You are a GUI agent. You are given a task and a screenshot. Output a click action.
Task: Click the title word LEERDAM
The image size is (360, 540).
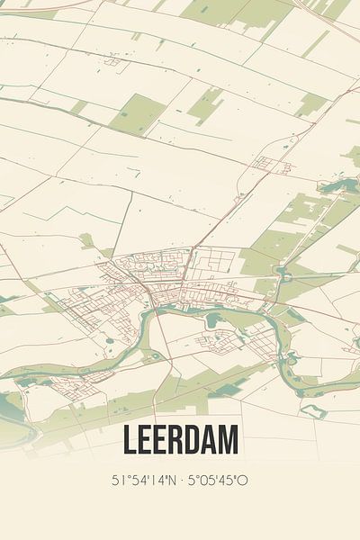pyautogui.click(x=180, y=441)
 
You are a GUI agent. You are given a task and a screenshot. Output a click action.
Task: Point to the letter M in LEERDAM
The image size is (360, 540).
pyautogui.click(x=229, y=441)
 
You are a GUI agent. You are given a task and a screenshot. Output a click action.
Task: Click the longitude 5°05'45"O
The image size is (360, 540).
pyautogui.click(x=217, y=481)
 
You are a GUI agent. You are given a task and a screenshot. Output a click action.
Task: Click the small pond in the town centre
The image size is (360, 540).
pyautogui.click(x=212, y=319)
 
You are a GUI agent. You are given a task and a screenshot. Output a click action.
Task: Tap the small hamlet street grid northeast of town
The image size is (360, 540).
pyautogui.click(x=267, y=164)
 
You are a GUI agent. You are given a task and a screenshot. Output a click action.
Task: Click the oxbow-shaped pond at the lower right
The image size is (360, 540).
pyautogui.click(x=314, y=410)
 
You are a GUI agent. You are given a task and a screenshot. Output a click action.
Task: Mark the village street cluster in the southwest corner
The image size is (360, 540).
pyautogui.click(x=63, y=384)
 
